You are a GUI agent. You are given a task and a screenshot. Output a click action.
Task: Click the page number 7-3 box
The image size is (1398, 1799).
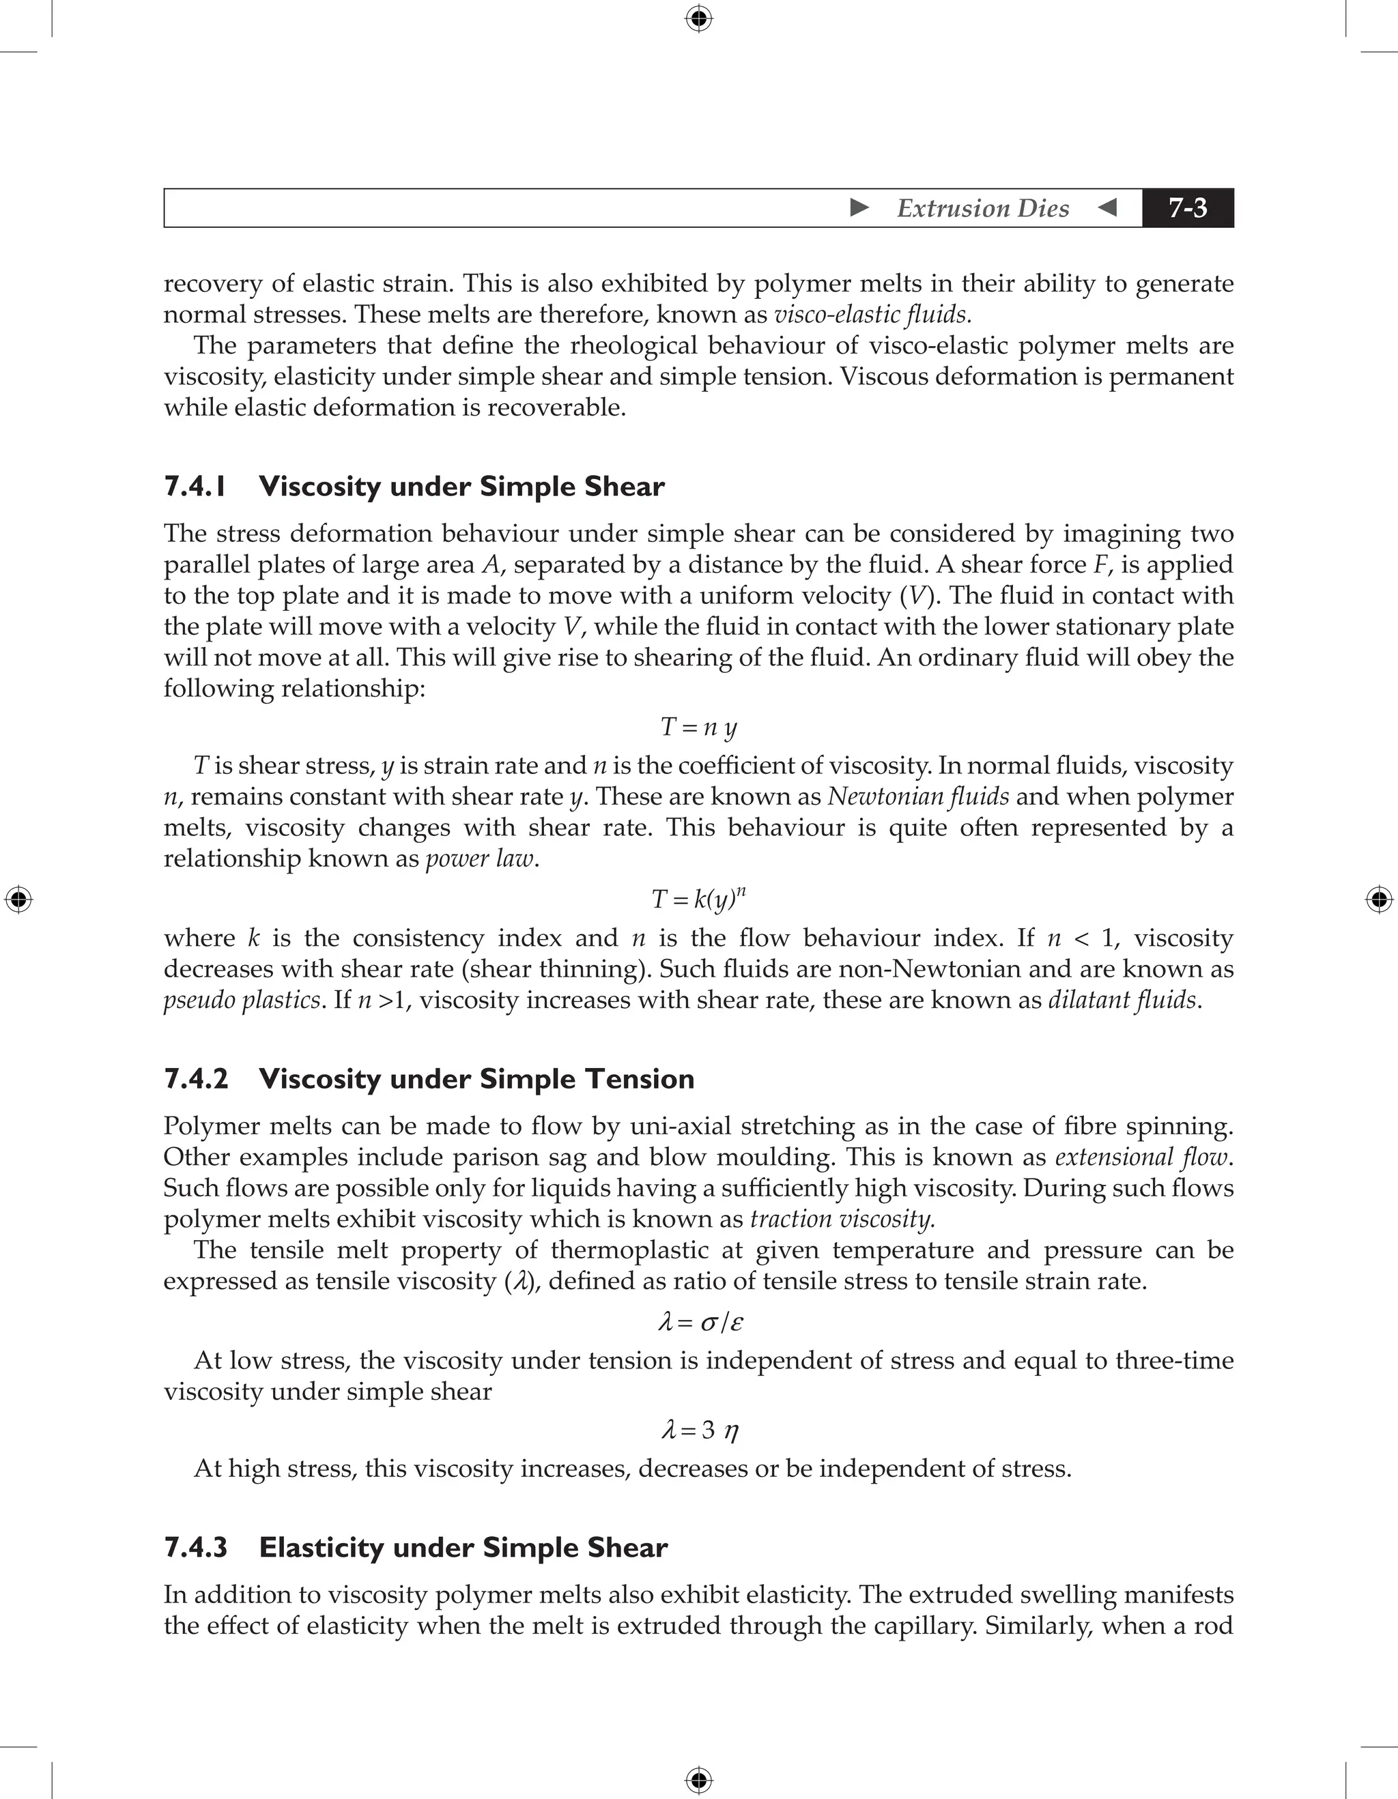1187,207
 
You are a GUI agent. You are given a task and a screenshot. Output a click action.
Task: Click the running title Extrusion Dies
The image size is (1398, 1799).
982,208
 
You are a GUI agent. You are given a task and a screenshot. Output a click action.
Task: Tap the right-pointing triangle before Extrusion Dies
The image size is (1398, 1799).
859,207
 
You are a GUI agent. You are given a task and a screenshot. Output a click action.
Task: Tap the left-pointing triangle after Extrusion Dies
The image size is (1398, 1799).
1108,207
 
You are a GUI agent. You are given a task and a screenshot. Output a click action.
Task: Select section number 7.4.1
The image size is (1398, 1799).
195,486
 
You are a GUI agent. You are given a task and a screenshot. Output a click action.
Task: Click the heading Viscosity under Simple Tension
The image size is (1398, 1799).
476,1078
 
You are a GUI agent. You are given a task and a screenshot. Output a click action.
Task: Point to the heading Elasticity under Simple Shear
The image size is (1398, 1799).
463,1547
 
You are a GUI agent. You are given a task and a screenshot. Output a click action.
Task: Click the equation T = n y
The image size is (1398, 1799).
698,727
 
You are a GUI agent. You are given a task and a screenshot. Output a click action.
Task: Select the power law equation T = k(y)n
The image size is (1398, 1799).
698,898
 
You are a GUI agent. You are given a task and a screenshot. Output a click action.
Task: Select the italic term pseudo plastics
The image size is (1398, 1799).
242,1000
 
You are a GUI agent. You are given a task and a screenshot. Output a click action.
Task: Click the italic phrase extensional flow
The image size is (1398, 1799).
1142,1157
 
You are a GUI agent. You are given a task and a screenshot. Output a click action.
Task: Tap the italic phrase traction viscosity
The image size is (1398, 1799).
842,1219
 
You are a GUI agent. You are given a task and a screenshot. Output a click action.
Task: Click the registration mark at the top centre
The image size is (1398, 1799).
698,18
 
